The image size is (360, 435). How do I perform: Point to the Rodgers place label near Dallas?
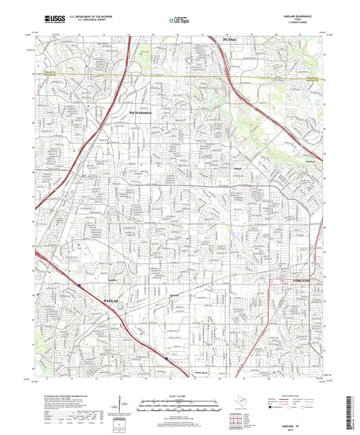click(174, 295)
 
